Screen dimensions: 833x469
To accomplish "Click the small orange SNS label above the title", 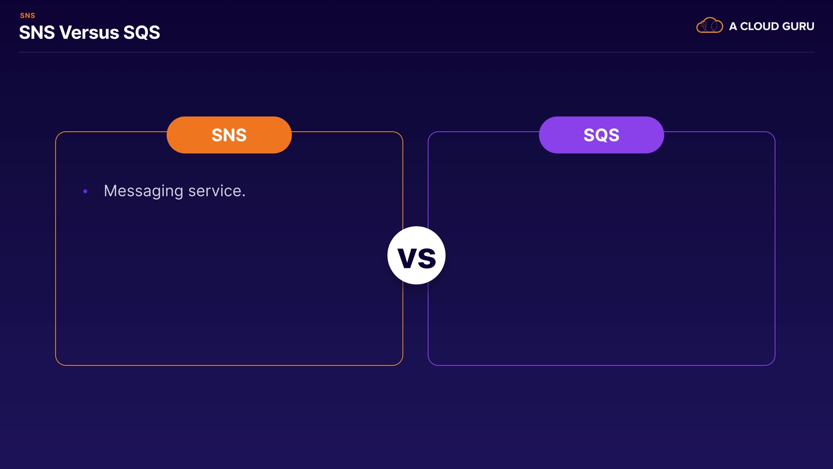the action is (x=27, y=16).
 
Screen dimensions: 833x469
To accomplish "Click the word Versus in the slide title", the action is (x=89, y=33).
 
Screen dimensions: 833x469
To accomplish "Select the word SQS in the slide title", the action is (x=141, y=33).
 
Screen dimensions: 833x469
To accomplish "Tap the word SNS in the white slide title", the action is (x=37, y=33).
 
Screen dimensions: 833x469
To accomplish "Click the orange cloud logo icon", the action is (x=709, y=25).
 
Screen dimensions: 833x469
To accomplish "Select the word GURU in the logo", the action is (x=798, y=26).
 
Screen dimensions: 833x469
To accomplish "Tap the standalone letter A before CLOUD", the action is (x=733, y=26).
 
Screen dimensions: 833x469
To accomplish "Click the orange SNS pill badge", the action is (x=229, y=135).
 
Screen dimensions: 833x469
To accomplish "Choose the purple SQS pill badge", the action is (x=601, y=135).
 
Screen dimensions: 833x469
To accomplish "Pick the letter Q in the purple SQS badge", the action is (x=601, y=135).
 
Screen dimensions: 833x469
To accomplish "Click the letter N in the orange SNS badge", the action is (x=229, y=135).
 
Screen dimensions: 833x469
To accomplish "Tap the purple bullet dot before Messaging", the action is (x=85, y=191).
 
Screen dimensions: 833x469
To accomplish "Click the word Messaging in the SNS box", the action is (x=144, y=192).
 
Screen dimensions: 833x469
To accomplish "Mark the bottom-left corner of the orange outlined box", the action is (x=56, y=365).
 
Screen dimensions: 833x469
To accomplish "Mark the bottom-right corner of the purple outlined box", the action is (x=774, y=365).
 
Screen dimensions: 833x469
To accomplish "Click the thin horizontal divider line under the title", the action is (x=416, y=52).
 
